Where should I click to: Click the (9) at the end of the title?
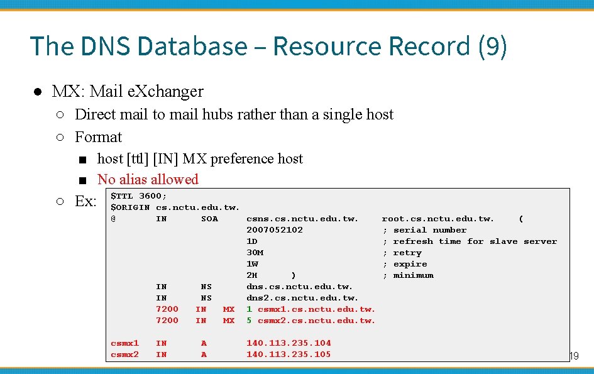pos(492,47)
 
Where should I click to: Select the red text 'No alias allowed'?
pos(148,179)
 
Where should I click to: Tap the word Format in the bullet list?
pos(98,137)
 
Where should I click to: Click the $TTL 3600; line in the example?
pos(139,196)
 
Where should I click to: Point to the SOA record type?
pos(209,219)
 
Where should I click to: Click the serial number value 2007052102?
pos(275,230)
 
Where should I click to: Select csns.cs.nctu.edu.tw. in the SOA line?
pos(302,219)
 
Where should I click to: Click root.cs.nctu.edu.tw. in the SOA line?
pos(438,219)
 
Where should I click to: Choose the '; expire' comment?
pos(405,264)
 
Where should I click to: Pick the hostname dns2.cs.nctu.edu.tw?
pos(302,298)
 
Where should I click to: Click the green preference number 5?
pos(249,321)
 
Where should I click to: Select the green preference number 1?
pos(249,309)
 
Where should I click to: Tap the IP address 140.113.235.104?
pos(289,343)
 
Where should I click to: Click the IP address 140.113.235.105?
pos(289,355)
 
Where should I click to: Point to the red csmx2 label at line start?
pos(124,355)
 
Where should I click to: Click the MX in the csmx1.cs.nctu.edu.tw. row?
pos(229,309)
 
